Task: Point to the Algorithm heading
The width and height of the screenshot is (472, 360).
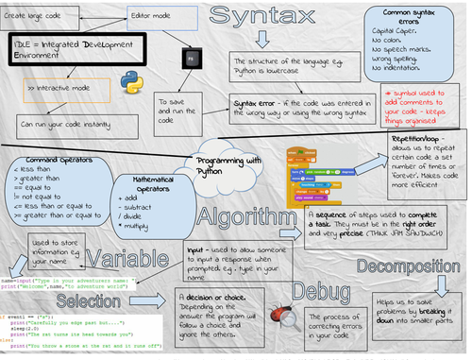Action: pos(244,214)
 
